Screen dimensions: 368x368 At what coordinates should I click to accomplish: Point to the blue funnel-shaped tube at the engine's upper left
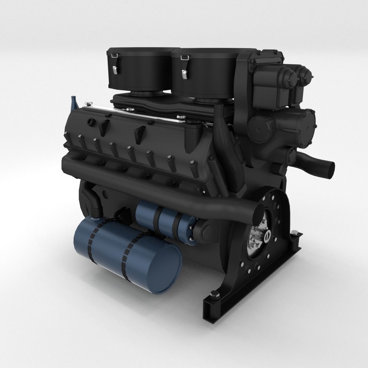(73, 102)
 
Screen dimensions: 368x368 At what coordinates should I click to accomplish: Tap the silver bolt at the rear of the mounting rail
(295, 234)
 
